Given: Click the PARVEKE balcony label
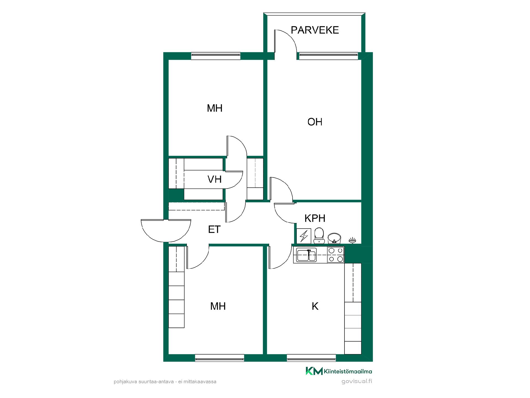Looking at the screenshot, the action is tap(315, 30).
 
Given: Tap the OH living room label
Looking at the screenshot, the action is tap(315, 122).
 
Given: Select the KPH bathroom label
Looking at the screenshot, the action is tap(315, 218).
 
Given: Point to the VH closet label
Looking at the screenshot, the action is tap(214, 179).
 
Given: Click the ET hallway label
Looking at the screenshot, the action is tap(214, 229).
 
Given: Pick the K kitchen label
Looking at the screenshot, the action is tap(315, 306).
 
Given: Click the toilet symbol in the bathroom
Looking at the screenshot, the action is tap(319, 236).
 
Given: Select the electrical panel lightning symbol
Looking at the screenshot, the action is tap(304, 236).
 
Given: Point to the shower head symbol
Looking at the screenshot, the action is tap(352, 240).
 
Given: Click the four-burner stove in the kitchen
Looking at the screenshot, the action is tap(336, 255).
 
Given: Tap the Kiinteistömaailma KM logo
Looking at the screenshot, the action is tap(339, 371).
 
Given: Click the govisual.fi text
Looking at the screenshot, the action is tap(357, 381).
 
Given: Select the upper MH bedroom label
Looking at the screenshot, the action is tap(214, 108).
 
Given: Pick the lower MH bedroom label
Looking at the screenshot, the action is tap(218, 306).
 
